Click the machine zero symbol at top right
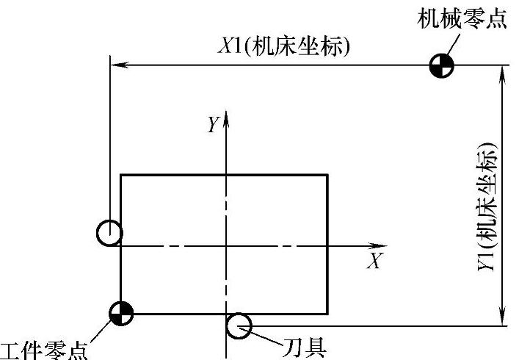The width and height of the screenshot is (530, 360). (x=442, y=65)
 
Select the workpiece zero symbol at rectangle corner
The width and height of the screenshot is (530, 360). (x=120, y=313)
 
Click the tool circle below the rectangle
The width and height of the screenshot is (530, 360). (x=239, y=325)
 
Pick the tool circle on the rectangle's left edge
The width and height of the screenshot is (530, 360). (x=109, y=233)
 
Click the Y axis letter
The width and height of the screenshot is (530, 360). (x=212, y=126)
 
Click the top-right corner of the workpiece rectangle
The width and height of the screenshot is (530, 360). (x=327, y=175)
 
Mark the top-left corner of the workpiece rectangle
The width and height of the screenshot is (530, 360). (x=120, y=175)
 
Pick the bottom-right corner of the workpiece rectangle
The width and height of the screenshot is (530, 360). (x=327, y=314)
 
